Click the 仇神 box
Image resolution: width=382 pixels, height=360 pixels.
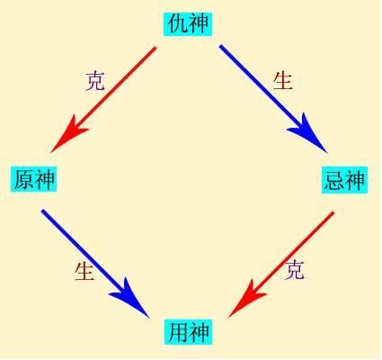188,23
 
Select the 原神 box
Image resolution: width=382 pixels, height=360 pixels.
34,179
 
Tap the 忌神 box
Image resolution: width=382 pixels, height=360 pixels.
344,180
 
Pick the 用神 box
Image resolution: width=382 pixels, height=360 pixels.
188,332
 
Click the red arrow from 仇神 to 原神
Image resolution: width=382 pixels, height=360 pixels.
103,100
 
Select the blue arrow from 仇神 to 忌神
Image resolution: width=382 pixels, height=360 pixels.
273,99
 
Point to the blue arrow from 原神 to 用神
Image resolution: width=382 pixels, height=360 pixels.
95,264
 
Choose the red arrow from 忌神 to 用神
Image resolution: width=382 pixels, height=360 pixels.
281,265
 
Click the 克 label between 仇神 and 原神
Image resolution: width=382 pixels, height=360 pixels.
95,81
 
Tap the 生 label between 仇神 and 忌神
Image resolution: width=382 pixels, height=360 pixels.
282,81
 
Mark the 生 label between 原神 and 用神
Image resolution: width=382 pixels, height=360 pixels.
84,271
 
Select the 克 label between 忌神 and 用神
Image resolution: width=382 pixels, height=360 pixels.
295,269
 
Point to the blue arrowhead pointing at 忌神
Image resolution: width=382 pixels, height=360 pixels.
307,133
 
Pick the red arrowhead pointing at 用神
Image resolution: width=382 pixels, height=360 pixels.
247,299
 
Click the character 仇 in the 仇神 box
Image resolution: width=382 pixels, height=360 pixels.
177,23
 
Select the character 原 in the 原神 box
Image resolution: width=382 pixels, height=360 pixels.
24,179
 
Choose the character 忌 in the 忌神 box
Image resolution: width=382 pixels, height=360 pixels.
334,180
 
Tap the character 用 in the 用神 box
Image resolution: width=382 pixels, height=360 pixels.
178,332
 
